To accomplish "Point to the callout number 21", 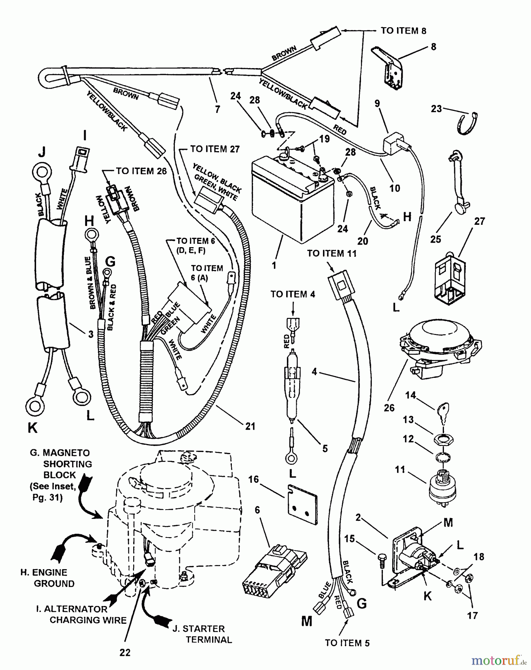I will click(250, 425).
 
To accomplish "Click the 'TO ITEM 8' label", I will click(403, 31).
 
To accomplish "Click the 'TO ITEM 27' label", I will click(215, 149).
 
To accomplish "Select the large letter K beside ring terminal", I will click(33, 428).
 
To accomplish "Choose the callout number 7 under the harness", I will click(217, 109).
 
